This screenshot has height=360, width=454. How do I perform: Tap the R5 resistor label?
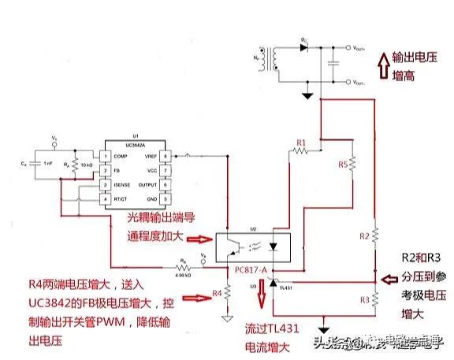coord(342,165)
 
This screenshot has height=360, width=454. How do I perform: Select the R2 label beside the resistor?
coord(363,236)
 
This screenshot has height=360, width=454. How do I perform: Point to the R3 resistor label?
coord(363,300)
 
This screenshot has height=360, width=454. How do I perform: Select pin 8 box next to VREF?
coord(166,157)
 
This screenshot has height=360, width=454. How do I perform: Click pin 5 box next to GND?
coord(166,199)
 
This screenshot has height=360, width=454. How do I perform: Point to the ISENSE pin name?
coord(121,185)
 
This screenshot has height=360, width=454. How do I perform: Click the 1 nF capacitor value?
coord(49,163)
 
